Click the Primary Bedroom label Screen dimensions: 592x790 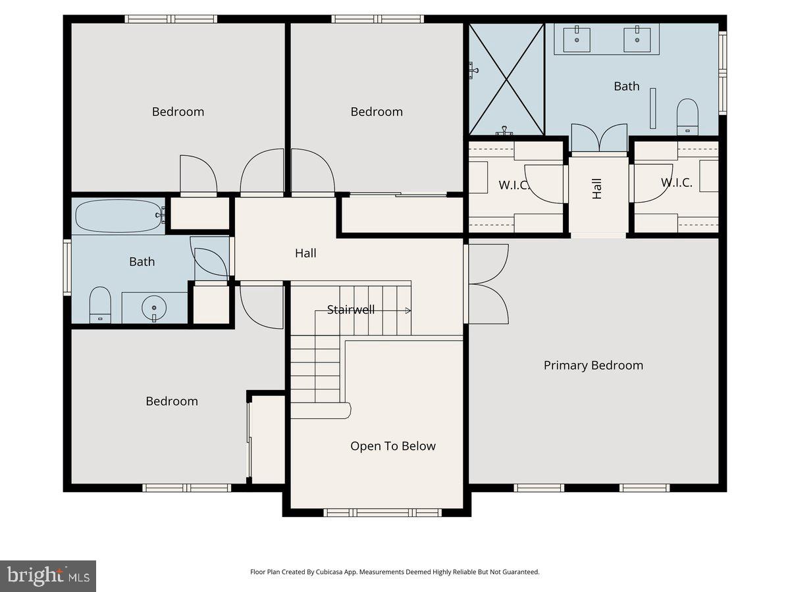pos(593,365)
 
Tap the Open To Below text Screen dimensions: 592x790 pos(392,446)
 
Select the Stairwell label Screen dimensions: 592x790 pos(351,309)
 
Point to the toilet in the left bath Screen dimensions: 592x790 pos(100,304)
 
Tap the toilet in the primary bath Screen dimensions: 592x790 pos(687,116)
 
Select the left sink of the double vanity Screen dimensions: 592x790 pos(578,39)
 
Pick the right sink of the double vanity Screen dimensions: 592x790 pos(637,39)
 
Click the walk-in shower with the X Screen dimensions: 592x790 pos(506,79)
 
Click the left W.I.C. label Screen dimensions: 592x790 pos(514,185)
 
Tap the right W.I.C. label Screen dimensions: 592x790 pos(676,183)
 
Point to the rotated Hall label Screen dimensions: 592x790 pos(597,189)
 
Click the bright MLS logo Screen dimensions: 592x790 pos(48,576)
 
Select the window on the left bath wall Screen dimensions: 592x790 pos(67,267)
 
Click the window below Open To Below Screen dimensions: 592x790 pos(382,512)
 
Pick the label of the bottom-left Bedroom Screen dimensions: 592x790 pos(172,401)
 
